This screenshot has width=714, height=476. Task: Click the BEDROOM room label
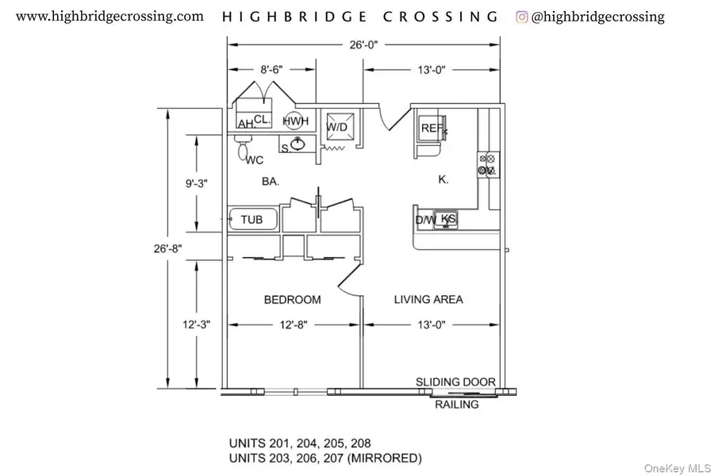[x=292, y=300]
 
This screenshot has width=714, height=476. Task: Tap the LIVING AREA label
[x=428, y=300]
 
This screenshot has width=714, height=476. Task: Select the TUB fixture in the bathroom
[x=252, y=219]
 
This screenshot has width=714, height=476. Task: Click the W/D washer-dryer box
[x=337, y=126]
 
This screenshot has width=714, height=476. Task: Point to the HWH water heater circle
[x=295, y=121]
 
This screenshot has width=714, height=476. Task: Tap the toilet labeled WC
[x=244, y=148]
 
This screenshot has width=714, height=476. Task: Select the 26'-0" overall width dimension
[x=364, y=45]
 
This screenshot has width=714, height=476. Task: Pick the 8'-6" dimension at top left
[x=271, y=70]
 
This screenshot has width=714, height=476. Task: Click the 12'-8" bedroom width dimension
[x=293, y=324]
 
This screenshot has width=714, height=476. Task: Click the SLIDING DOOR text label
[x=456, y=382]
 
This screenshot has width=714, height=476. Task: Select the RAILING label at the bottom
[x=457, y=405]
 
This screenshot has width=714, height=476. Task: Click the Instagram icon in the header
[x=522, y=16]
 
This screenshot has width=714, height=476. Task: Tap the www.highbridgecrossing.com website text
[x=109, y=16]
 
